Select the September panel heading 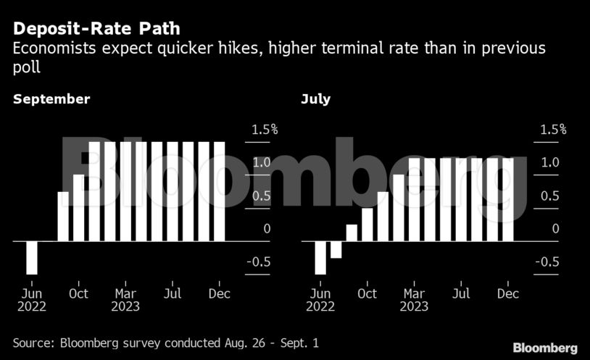point(51,99)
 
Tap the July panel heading point(315,99)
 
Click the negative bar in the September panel point(32,257)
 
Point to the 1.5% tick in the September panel point(265,130)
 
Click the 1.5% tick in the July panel point(553,130)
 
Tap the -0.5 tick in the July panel point(547,262)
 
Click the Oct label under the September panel point(78,293)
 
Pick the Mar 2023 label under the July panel point(414,299)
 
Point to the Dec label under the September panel point(219,293)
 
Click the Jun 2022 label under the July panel point(320,299)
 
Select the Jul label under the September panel point(172,293)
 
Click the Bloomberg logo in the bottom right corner point(545,348)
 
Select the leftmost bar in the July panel point(320,257)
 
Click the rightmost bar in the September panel point(219,191)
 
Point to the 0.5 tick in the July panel point(550,196)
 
